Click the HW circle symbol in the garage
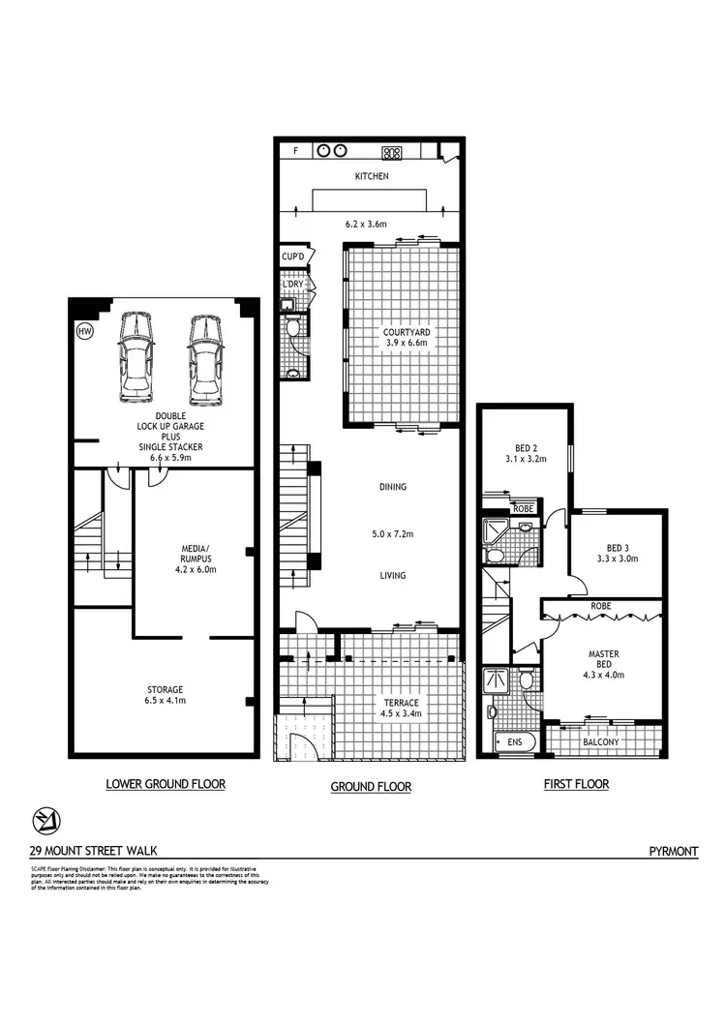[85, 331]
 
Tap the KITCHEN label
[371, 176]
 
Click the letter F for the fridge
[295, 151]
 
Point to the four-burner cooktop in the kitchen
[392, 152]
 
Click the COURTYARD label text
[406, 332]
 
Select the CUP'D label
[292, 257]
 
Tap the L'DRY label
[293, 283]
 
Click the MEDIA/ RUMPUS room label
[194, 552]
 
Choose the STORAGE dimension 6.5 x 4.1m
[166, 700]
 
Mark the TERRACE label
[399, 702]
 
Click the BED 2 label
[526, 447]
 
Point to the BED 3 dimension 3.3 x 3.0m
[617, 559]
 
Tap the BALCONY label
[601, 742]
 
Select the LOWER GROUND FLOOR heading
[166, 784]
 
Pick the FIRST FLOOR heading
[576, 784]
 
